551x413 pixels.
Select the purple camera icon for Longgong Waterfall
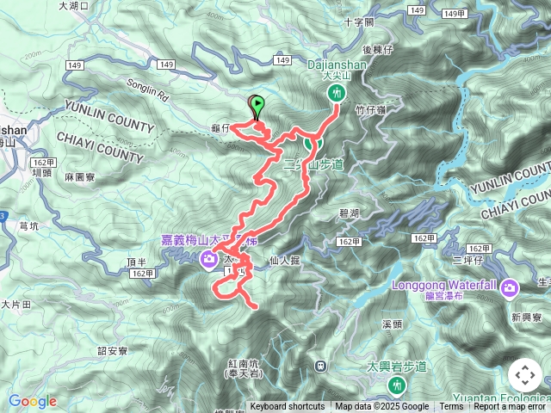(x=509, y=287)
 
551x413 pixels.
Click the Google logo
(x=33, y=401)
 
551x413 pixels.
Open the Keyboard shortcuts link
(x=288, y=407)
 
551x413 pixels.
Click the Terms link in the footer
(x=451, y=407)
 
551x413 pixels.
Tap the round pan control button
(x=525, y=375)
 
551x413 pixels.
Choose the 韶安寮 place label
(x=113, y=351)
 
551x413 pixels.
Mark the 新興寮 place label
(x=525, y=317)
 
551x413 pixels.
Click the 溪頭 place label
(x=392, y=324)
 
